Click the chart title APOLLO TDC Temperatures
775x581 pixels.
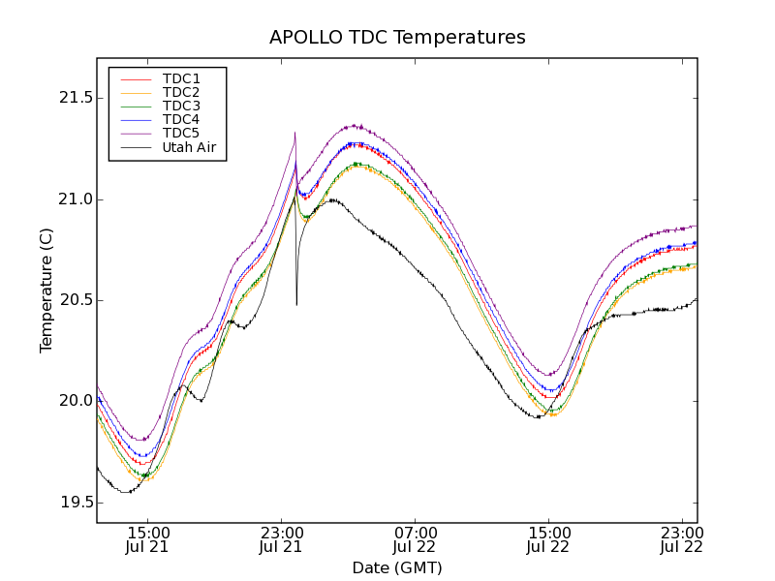pyautogui.click(x=397, y=38)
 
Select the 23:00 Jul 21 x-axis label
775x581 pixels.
pyautogui.click(x=281, y=540)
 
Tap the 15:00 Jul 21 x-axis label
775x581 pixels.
pyautogui.click(x=147, y=540)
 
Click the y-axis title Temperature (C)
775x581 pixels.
pyautogui.click(x=46, y=290)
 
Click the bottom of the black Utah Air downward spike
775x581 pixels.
pyautogui.click(x=296, y=305)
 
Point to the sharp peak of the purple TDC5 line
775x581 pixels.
pyautogui.click(x=294, y=133)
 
